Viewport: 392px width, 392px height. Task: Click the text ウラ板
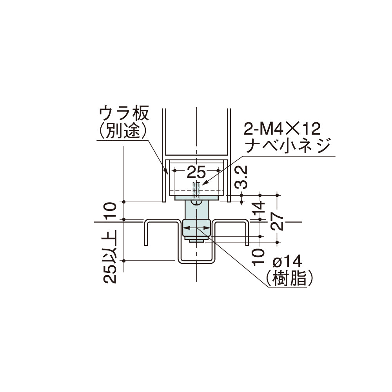pyautogui.click(x=123, y=114)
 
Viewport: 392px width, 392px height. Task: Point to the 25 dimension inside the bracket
pyautogui.click(x=196, y=171)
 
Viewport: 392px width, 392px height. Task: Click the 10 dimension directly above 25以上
pyautogui.click(x=111, y=211)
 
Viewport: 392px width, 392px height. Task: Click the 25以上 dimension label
pyautogui.click(x=111, y=257)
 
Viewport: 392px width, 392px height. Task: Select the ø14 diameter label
pyautogui.click(x=287, y=261)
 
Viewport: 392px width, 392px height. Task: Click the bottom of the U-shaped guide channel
pyautogui.click(x=196, y=261)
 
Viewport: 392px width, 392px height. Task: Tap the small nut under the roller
pyautogui.click(x=196, y=240)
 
